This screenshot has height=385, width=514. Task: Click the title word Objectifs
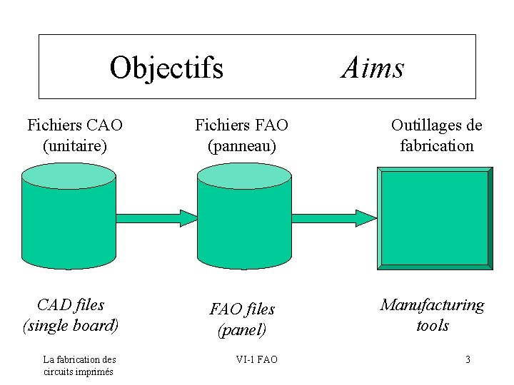click(166, 68)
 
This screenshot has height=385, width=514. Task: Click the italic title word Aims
click(373, 68)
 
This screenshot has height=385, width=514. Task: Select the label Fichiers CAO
click(75, 125)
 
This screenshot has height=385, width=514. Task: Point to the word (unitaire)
click(75, 146)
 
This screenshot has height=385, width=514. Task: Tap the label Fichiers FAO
click(242, 125)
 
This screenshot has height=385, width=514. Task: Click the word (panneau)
click(242, 146)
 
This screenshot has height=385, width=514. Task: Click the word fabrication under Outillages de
click(436, 146)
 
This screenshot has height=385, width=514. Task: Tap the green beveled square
click(434, 218)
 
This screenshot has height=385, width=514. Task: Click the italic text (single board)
click(71, 326)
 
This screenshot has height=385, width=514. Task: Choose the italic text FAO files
click(242, 309)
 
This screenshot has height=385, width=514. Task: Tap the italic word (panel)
click(242, 330)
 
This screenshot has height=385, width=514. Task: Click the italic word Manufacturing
click(432, 305)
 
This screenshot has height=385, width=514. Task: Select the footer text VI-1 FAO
click(257, 359)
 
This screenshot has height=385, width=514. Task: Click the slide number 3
click(468, 359)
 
